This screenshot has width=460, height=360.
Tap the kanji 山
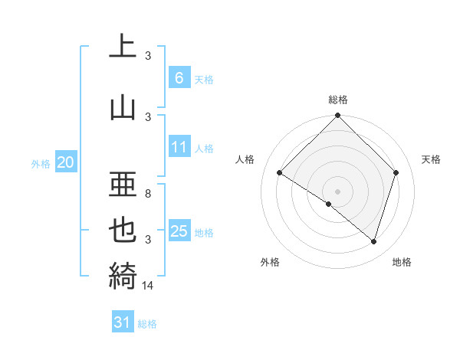coord(123,108)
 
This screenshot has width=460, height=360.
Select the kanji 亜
coord(123,185)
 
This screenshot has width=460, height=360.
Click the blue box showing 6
coord(179,77)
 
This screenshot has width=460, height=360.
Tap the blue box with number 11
coord(179,148)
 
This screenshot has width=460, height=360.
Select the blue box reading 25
coord(179,231)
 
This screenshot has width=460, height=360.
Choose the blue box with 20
coord(66,162)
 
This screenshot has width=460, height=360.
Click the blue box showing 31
coord(123,322)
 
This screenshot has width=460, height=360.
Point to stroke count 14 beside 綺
coord(149,286)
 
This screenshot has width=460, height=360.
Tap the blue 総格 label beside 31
coord(147,324)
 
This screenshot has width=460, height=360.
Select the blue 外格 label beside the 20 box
coord(41,163)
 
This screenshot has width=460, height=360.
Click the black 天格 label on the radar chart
coord(432,159)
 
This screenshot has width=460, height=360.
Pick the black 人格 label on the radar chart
coord(245,159)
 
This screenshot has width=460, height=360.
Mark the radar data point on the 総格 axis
coord(337,116)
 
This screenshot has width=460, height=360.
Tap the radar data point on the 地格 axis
coord(373,241)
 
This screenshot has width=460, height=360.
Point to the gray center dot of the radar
coord(337,191)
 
